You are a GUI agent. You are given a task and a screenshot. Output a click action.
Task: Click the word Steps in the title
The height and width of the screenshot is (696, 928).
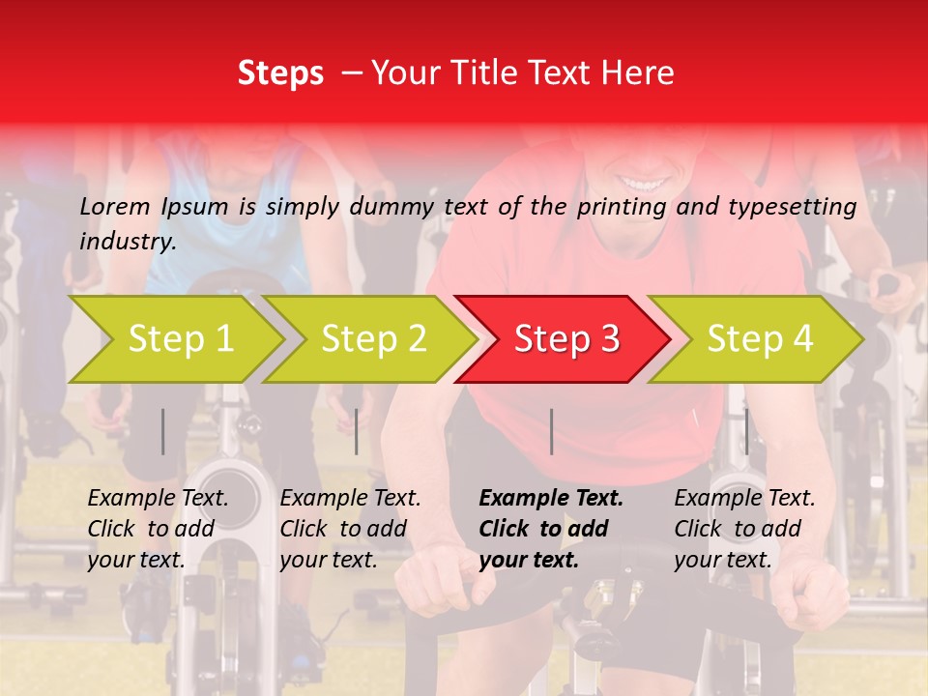(x=280, y=73)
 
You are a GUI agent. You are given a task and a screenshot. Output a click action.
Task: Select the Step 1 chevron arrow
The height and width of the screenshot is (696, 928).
(x=179, y=339)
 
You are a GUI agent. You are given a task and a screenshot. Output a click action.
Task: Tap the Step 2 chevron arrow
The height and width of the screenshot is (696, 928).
(x=372, y=339)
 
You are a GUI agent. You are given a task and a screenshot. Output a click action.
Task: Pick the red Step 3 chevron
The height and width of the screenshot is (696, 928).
(x=565, y=339)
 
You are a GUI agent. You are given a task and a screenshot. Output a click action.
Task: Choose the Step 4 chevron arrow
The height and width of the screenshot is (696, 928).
(x=759, y=339)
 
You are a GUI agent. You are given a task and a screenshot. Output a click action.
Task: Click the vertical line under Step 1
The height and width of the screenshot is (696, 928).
(x=162, y=431)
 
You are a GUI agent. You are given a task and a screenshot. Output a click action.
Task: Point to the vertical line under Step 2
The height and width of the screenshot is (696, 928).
(x=357, y=431)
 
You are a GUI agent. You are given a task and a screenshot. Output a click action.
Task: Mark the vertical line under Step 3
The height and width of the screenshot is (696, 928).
(x=551, y=431)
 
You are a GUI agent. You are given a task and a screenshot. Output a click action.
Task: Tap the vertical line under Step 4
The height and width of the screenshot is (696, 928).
(x=746, y=431)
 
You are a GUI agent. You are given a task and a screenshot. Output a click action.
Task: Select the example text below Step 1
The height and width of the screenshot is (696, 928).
(x=158, y=529)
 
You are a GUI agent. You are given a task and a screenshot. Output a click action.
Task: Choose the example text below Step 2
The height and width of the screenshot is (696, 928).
(x=350, y=529)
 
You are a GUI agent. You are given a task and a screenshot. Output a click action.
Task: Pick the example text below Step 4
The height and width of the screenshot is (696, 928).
(x=744, y=529)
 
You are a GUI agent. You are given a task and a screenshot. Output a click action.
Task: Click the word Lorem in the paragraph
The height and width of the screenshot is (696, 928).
(x=115, y=206)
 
